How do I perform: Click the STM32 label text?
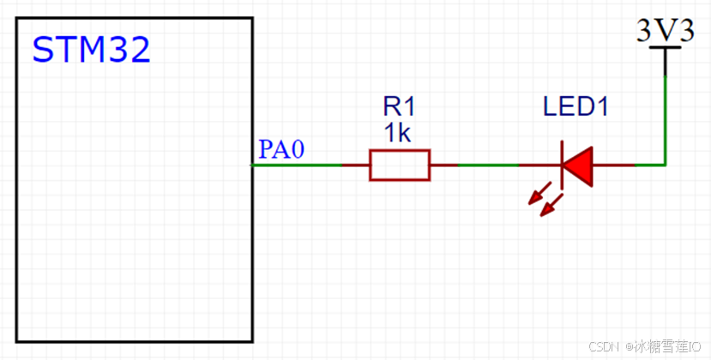pos(91,51)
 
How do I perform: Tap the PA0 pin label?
pos(281,150)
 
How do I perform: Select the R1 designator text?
pos(399,107)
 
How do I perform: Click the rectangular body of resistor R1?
pos(400,165)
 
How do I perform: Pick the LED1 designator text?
pos(575,107)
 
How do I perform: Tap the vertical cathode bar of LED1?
pos(563,165)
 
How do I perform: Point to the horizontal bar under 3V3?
pos(666,48)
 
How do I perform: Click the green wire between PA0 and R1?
pos(297,165)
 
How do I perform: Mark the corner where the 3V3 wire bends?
pos(666,165)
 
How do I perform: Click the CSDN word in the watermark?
pos(605,345)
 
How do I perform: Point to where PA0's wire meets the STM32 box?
pos(253,165)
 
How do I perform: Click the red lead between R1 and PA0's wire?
pos(356,165)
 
